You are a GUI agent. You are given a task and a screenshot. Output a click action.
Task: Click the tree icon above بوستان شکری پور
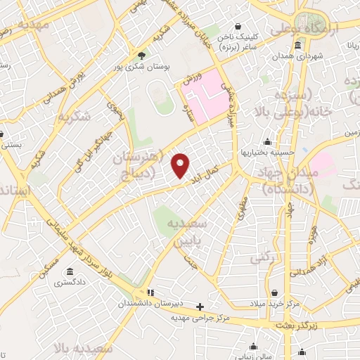point(142,56)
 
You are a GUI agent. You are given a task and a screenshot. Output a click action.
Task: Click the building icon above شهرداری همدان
point(299,46)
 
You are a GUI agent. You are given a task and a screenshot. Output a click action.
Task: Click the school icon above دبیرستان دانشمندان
point(149,292)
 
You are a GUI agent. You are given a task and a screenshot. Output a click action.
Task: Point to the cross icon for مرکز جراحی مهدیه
point(200,307)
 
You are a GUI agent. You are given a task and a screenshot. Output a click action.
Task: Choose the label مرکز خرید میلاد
point(274,304)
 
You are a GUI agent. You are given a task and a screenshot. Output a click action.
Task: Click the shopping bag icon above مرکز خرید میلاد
point(274,292)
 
